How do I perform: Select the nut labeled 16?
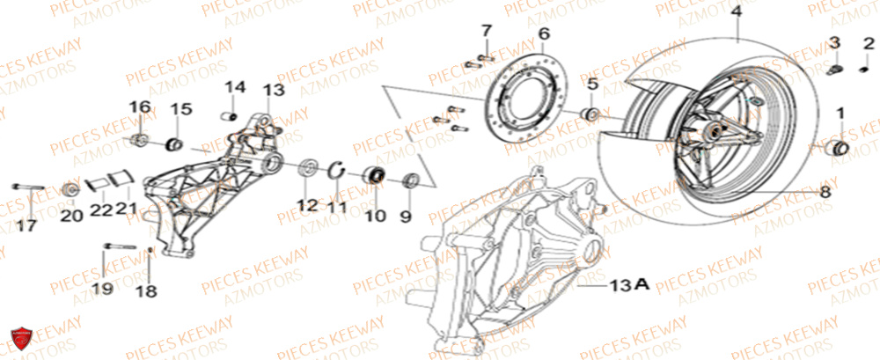click(x=139, y=141)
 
